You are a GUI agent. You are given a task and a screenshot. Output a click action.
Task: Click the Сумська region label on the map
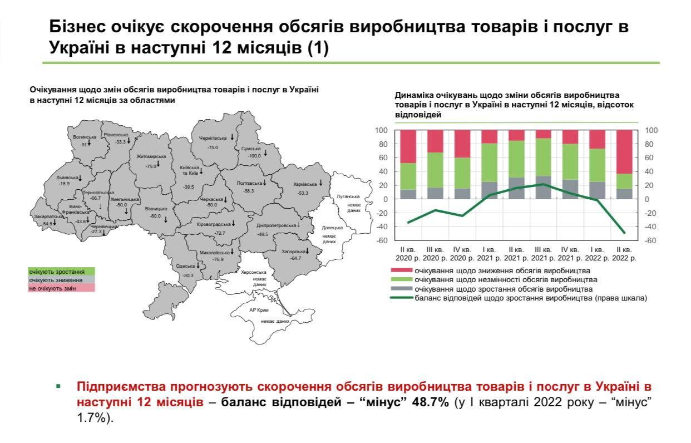(x=250, y=149)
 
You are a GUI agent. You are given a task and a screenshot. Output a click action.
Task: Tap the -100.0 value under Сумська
(x=254, y=156)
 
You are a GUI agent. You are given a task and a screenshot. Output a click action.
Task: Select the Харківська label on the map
(x=305, y=184)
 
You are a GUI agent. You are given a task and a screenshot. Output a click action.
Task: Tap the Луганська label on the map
(x=348, y=196)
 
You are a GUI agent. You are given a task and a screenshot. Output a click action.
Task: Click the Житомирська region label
(x=151, y=157)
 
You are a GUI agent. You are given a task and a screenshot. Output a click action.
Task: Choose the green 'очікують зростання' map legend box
(x=62, y=272)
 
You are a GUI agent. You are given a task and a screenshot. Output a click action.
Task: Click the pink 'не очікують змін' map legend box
(x=62, y=288)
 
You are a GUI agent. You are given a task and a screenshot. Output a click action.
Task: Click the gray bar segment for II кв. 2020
(x=408, y=194)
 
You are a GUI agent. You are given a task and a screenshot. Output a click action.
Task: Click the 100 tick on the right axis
(x=651, y=130)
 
